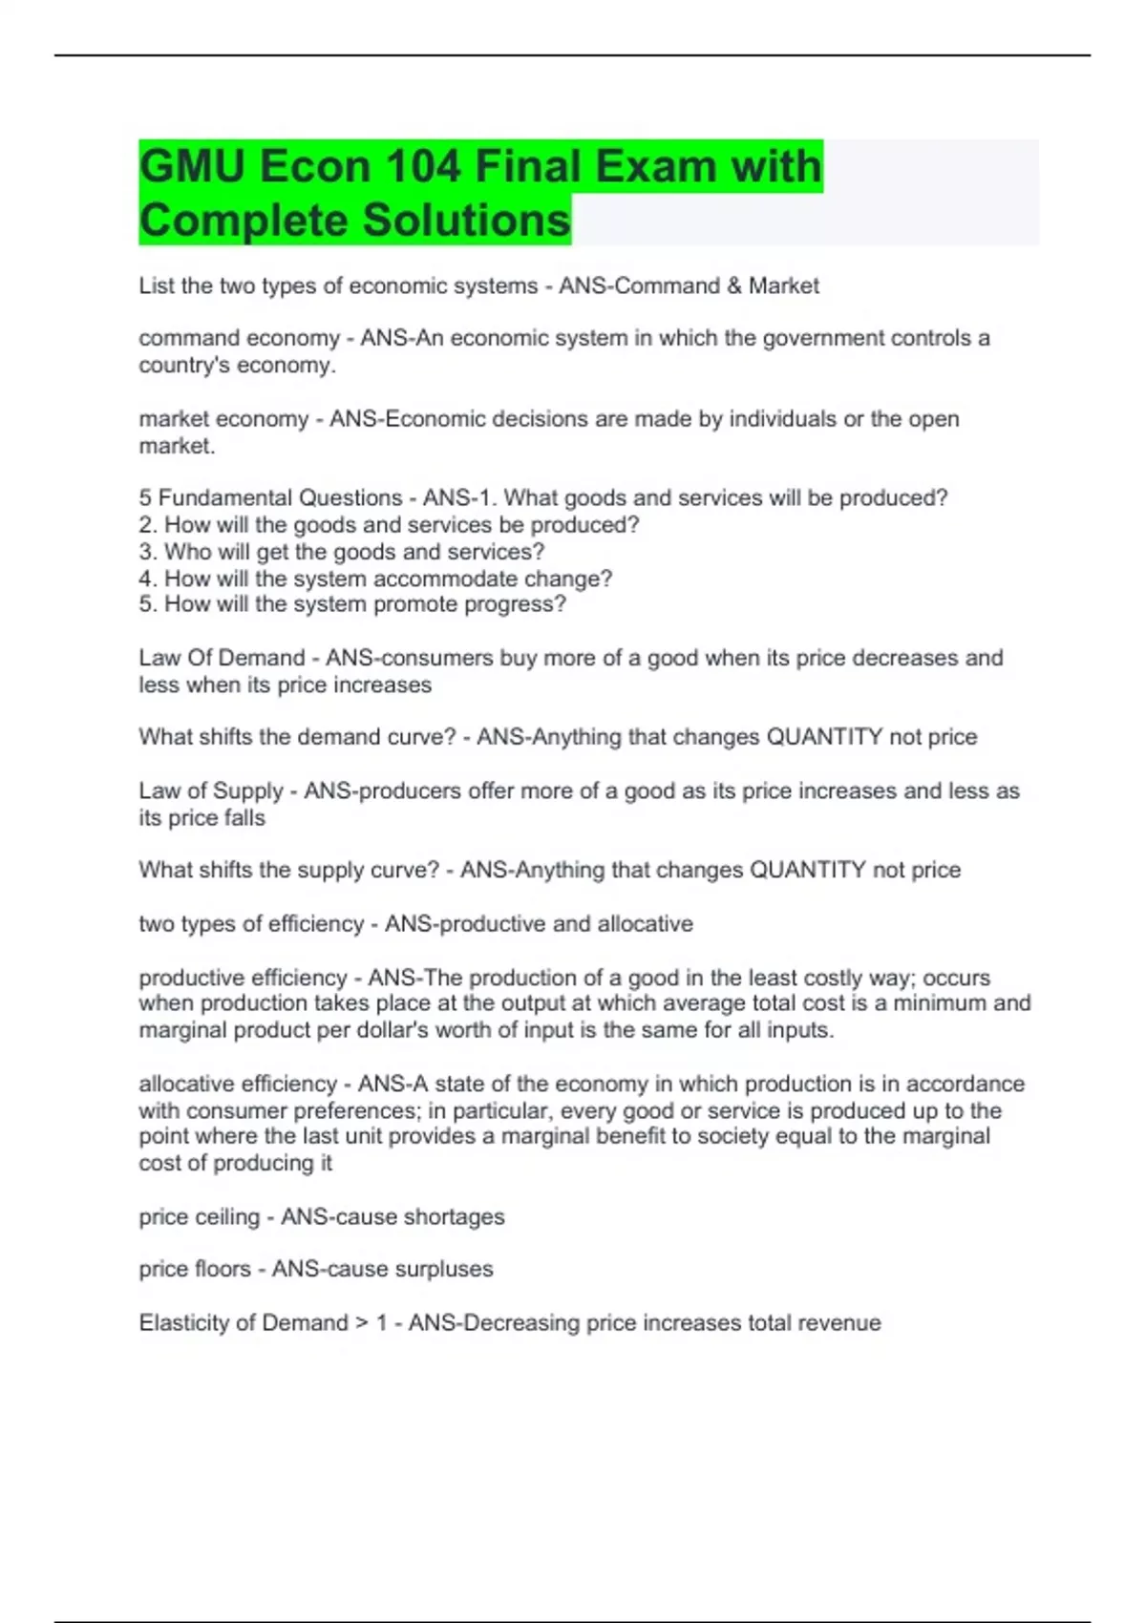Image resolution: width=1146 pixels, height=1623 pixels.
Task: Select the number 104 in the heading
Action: pos(423,166)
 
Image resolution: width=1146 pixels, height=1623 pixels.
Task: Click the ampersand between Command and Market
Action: pos(734,286)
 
